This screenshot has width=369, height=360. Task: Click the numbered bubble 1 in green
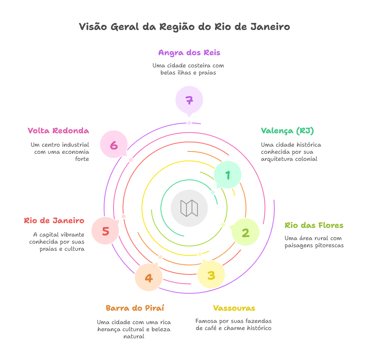tap(227, 175)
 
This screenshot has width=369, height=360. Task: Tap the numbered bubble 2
tap(245, 233)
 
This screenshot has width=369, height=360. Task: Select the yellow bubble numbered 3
tap(211, 275)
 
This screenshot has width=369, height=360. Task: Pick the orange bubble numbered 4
tap(149, 278)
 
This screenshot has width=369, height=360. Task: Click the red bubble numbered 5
tap(105, 231)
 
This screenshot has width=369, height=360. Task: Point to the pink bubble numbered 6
tap(114, 145)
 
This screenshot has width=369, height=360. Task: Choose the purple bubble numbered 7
tap(189, 100)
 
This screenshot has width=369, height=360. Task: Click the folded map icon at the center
tap(189, 208)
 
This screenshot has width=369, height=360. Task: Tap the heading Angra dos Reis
tap(189, 52)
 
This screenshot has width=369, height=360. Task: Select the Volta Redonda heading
tap(58, 131)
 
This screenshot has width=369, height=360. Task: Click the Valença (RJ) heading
tap(287, 131)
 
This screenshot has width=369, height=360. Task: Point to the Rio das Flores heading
tap(314, 226)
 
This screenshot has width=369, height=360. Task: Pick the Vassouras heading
tap(234, 308)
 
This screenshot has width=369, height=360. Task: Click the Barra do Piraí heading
tap(134, 308)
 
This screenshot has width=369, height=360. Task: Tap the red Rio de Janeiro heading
tap(54, 221)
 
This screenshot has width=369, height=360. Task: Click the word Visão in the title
tap(93, 27)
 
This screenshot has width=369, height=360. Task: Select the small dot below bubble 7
tap(189, 123)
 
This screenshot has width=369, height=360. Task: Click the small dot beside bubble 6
tap(131, 160)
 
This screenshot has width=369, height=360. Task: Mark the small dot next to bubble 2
tap(223, 225)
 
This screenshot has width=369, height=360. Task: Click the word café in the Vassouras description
tap(212, 328)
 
